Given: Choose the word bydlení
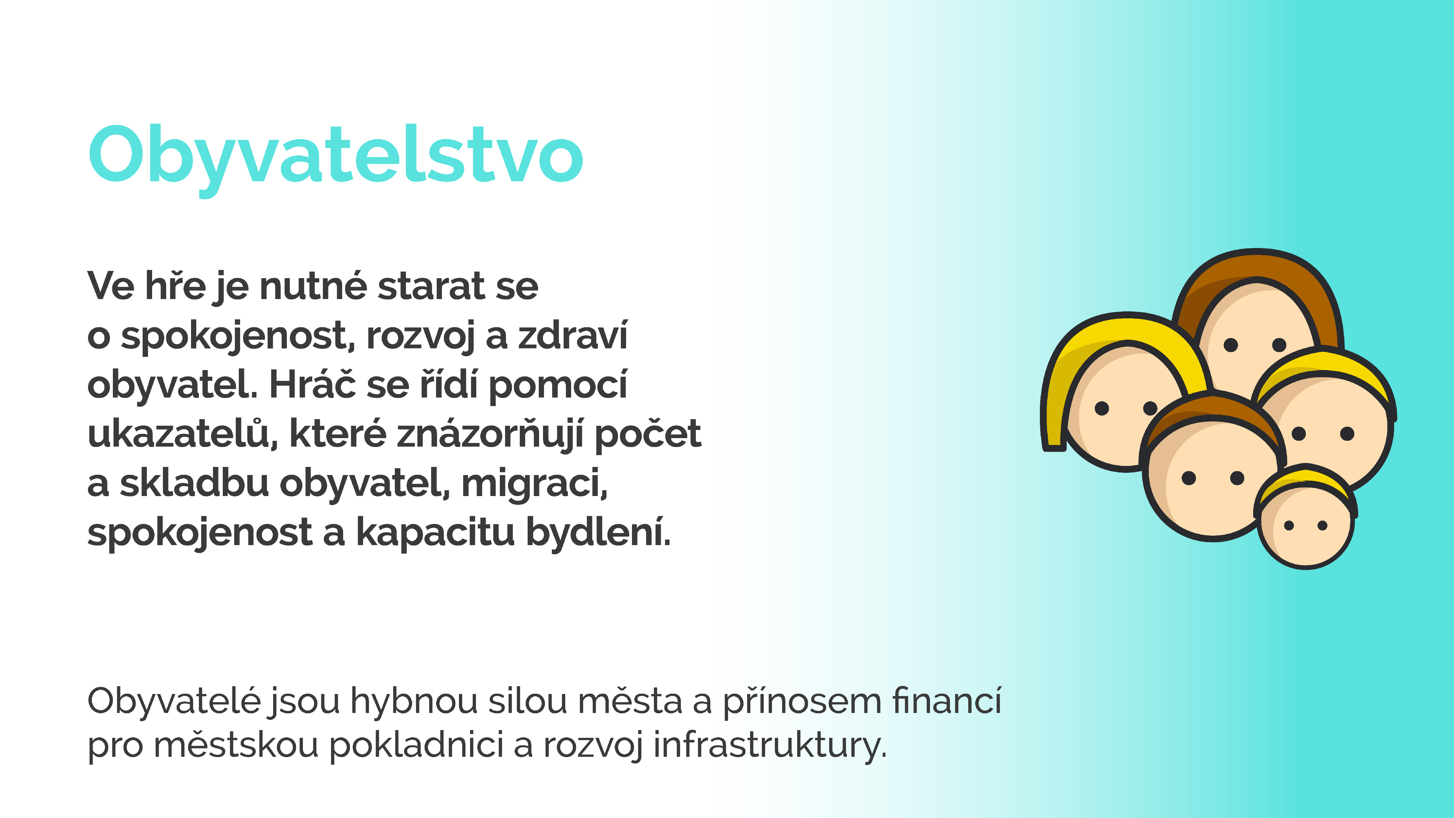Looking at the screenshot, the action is coord(598,532).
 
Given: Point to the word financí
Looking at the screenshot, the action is coord(947,701).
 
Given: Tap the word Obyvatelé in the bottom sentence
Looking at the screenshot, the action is coord(174,701).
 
